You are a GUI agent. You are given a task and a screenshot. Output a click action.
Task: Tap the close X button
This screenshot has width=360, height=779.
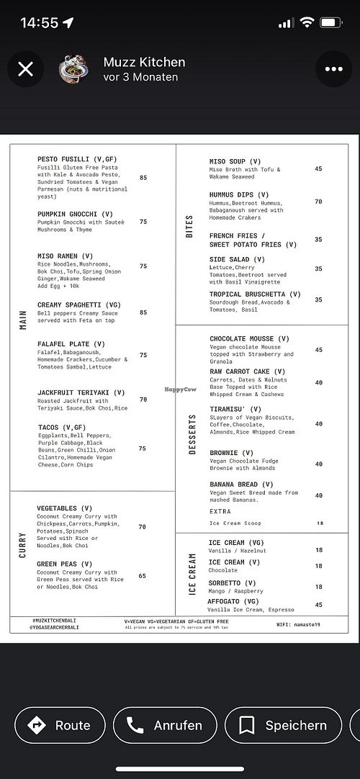click(25, 69)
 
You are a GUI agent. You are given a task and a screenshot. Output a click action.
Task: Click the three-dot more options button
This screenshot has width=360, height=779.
click(333, 69)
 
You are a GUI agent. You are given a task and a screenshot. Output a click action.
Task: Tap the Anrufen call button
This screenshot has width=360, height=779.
click(164, 725)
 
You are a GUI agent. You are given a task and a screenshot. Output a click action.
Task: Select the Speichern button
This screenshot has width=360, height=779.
click(283, 725)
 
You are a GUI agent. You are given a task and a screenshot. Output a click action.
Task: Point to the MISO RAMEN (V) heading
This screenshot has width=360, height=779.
click(66, 256)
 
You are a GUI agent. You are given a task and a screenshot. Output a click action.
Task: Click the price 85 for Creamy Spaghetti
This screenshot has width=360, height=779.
click(143, 312)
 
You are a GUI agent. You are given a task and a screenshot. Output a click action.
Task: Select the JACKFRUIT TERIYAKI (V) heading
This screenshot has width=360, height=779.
click(81, 393)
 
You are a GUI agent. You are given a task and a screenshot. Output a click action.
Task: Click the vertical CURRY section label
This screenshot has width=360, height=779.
click(23, 545)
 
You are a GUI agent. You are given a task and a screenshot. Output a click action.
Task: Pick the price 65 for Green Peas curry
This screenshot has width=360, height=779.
click(143, 576)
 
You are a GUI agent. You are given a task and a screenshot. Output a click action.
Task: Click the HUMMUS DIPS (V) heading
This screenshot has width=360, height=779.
click(239, 194)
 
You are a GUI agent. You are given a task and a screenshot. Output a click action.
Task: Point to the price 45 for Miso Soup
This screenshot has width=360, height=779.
click(318, 169)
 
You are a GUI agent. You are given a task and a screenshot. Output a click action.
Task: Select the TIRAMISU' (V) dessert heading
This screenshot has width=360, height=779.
click(235, 409)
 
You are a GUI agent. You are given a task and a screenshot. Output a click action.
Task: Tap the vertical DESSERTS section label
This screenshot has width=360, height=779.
click(192, 434)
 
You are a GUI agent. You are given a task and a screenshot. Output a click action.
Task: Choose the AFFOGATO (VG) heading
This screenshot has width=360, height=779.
click(234, 601)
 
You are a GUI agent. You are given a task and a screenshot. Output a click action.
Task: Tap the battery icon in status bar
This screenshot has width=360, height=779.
click(331, 22)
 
